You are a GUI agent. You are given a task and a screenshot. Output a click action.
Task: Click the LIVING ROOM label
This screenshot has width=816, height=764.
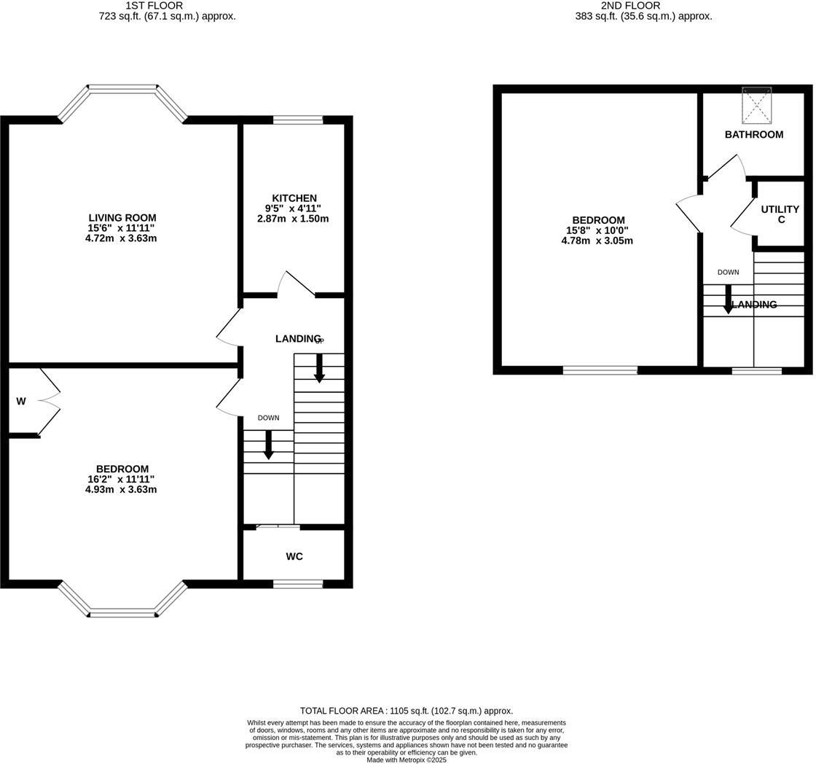(x=122, y=217)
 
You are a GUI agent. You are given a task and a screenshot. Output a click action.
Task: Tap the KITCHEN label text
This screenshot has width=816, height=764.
(x=294, y=198)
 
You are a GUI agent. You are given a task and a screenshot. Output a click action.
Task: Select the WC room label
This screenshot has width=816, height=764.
(x=294, y=556)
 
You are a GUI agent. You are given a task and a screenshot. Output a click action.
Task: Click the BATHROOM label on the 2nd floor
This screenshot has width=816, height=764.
(x=753, y=134)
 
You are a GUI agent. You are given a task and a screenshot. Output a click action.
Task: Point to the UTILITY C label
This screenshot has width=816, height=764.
(x=780, y=214)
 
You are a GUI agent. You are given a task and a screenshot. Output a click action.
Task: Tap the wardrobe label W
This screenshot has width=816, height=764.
(x=21, y=401)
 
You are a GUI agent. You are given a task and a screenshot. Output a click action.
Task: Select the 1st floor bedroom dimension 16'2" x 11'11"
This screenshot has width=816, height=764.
(x=121, y=479)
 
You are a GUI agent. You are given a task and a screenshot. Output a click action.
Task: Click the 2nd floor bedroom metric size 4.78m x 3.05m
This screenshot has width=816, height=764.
(x=597, y=240)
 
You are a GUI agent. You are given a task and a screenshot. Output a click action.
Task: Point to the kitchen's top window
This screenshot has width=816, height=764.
(x=298, y=120)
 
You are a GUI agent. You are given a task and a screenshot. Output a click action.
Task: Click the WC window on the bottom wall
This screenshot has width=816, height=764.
(x=298, y=583)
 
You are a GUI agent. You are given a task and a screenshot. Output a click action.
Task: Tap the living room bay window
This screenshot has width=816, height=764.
(x=122, y=91)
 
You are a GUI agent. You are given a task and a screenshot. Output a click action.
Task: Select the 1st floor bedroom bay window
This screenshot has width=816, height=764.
(x=122, y=611)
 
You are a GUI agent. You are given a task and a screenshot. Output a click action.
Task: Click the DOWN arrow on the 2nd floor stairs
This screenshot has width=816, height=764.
(x=728, y=299)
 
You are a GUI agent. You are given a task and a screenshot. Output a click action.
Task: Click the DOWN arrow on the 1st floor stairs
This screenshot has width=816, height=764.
(x=268, y=444)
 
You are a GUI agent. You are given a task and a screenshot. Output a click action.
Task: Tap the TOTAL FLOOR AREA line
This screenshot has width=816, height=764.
(x=407, y=710)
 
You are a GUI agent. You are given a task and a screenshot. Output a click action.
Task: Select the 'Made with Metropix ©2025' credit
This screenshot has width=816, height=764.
(x=407, y=760)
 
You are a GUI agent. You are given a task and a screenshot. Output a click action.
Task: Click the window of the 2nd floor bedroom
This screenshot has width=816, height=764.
(x=600, y=370)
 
